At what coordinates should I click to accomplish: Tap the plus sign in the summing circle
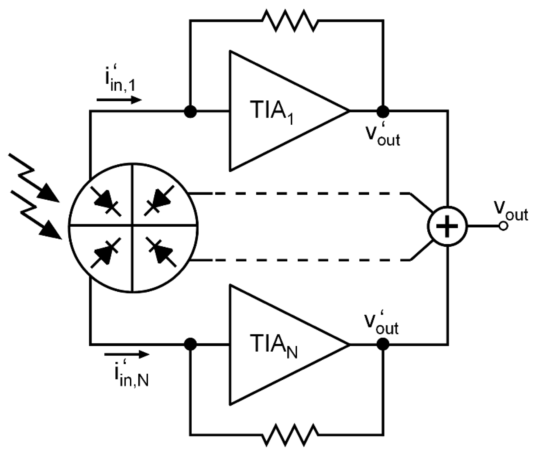click(447, 226)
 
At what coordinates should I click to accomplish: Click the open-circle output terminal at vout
click(503, 226)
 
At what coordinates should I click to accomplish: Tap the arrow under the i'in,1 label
click(119, 100)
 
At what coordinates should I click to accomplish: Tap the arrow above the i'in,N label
click(127, 354)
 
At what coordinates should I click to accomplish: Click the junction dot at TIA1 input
click(190, 111)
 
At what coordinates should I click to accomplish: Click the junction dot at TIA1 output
click(383, 111)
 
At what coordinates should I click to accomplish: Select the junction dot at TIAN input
click(190, 345)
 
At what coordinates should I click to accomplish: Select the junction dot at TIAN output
click(383, 345)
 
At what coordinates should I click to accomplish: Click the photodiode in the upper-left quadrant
click(106, 202)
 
